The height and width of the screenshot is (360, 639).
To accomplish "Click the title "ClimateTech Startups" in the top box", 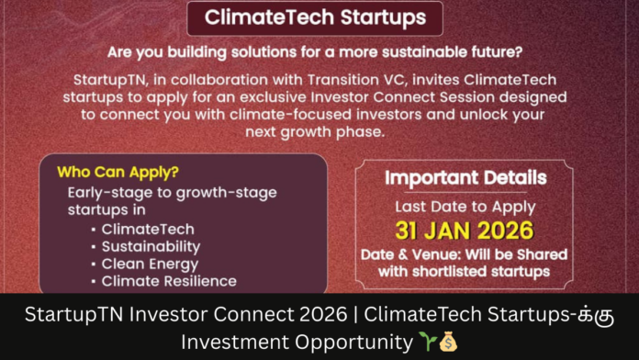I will click(315, 17).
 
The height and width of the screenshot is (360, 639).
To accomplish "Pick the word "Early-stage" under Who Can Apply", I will click(105, 192).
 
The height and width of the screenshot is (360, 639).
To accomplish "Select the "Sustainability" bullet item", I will click(151, 246).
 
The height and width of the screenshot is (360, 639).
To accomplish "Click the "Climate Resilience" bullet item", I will click(169, 281).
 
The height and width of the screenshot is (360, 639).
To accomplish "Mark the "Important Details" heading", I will click(465, 177).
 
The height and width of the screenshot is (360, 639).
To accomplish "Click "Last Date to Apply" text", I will click(465, 207).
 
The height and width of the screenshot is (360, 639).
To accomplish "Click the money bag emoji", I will click(448, 342).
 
